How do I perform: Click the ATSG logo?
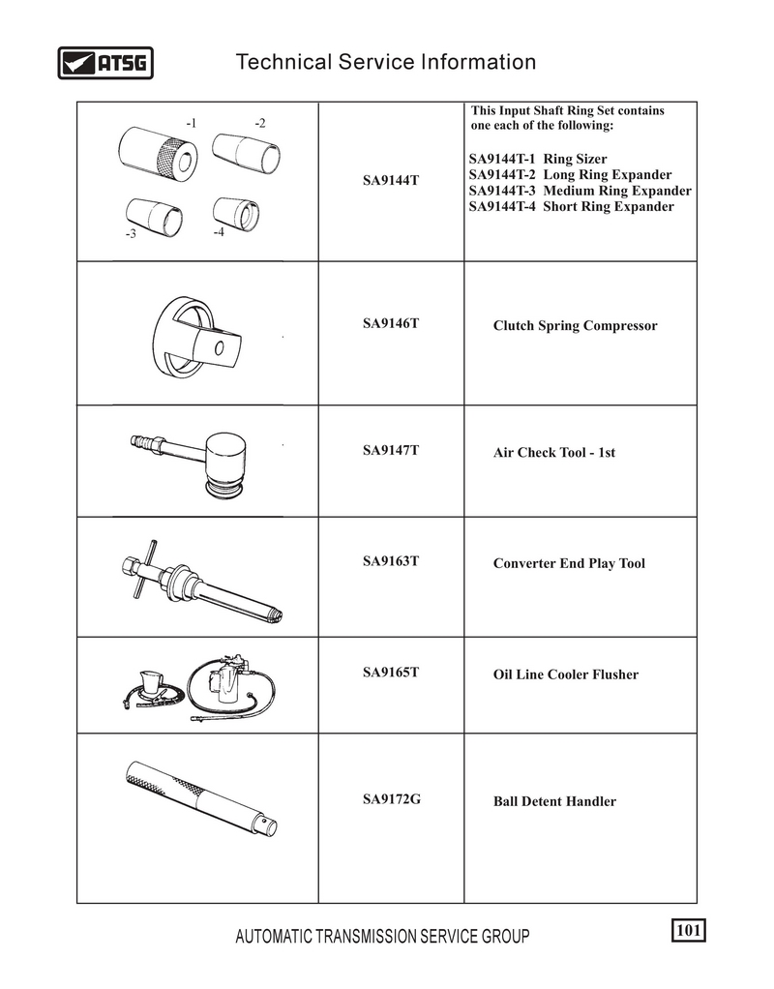(x=105, y=63)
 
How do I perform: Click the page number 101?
(x=688, y=930)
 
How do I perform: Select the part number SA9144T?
(x=391, y=181)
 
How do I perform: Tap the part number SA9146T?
(x=391, y=322)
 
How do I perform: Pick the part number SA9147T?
(x=391, y=450)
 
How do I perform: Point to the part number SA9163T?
(x=391, y=560)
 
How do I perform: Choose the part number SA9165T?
(x=391, y=672)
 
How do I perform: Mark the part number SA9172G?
(x=391, y=799)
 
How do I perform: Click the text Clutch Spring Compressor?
(x=575, y=326)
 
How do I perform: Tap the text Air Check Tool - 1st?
(x=554, y=452)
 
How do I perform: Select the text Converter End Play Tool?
(x=569, y=563)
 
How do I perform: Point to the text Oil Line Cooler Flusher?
(x=566, y=674)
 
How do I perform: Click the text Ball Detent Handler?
(x=554, y=801)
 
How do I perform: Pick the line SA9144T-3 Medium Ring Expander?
(x=580, y=191)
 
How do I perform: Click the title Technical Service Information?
(x=386, y=63)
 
